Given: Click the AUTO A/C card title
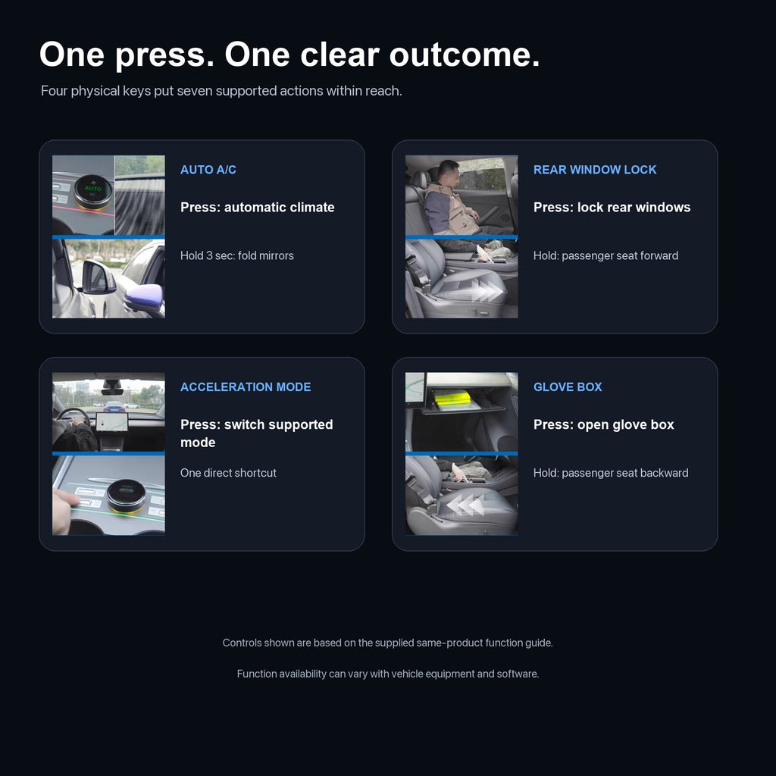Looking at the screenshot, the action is pyautogui.click(x=208, y=170).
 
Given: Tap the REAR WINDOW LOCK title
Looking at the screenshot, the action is pyautogui.click(x=595, y=170).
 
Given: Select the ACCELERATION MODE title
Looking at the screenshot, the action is pyautogui.click(x=246, y=387).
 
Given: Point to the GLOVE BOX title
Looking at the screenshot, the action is pyautogui.click(x=568, y=387).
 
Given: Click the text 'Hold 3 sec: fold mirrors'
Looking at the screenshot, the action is pyautogui.click(x=237, y=256).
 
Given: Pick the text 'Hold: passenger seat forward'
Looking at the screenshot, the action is pyautogui.click(x=605, y=256).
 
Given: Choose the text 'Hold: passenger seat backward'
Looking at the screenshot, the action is pyautogui.click(x=611, y=473).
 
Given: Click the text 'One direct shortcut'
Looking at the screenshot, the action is pyautogui.click(x=228, y=473).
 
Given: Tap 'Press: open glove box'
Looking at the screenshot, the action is pyautogui.click(x=604, y=424).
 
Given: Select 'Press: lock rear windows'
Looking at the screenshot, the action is pyautogui.click(x=612, y=208).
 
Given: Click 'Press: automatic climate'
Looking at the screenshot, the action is pyautogui.click(x=258, y=208).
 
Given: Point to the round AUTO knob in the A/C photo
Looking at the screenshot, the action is pyautogui.click(x=92, y=192).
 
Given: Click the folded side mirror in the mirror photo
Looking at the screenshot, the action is pyautogui.click(x=98, y=277).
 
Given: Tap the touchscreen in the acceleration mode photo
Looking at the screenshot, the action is pyautogui.click(x=112, y=422).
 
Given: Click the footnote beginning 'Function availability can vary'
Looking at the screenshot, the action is pyautogui.click(x=388, y=674).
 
